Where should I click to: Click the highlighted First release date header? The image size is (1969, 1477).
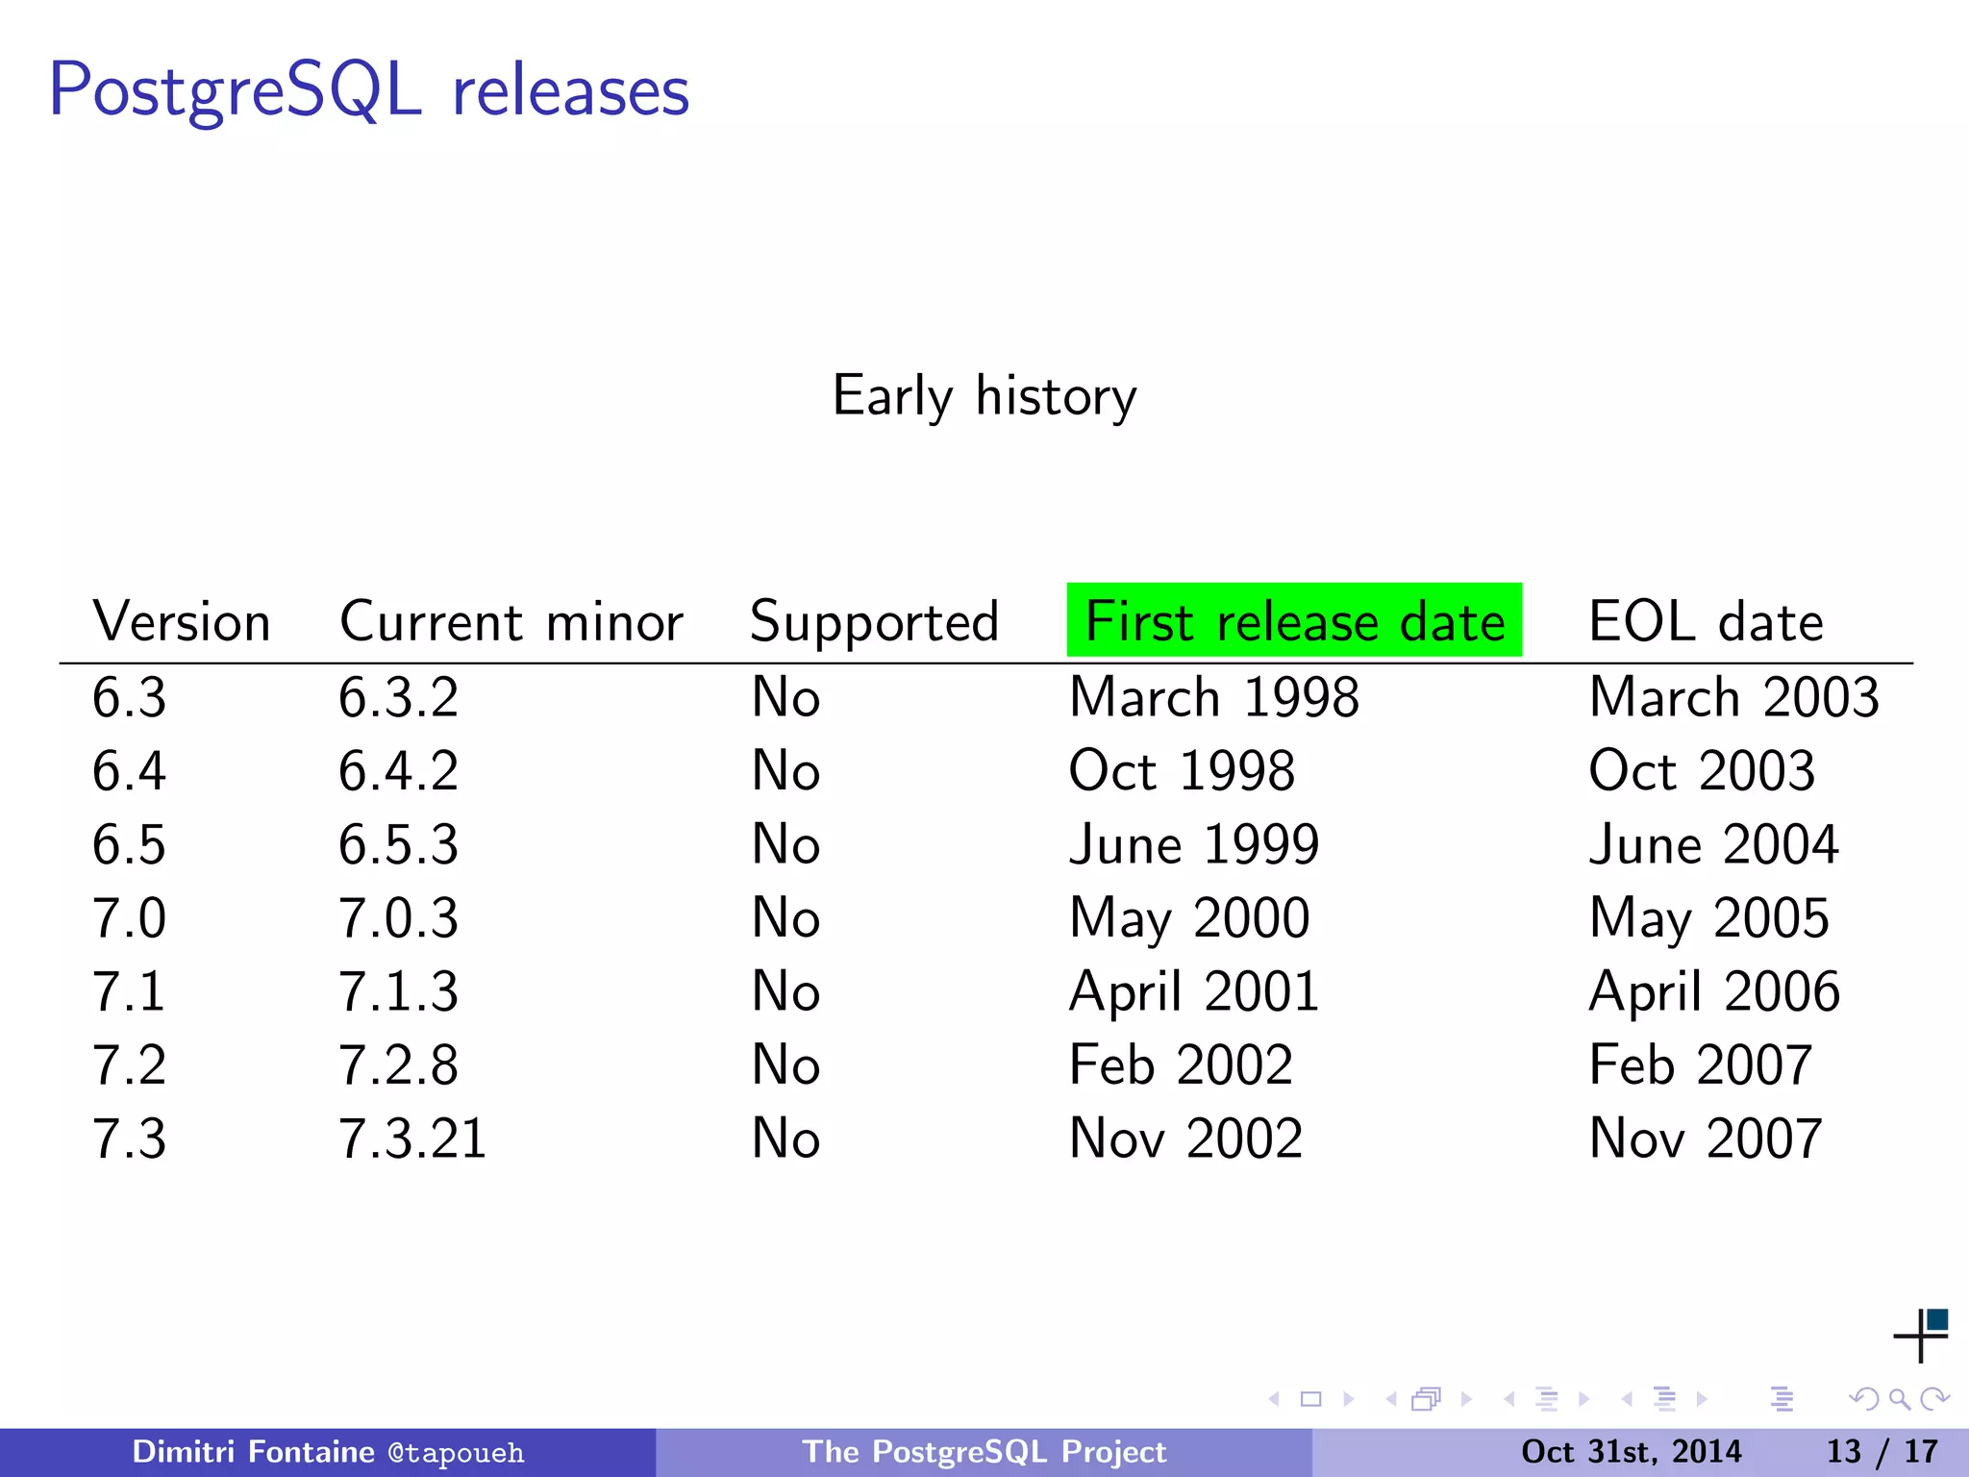1294,621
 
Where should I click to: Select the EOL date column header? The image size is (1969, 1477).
1706,621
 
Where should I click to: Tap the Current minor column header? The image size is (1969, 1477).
511,621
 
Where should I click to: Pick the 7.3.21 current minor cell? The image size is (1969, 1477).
412,1139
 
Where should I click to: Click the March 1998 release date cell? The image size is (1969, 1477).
1214,697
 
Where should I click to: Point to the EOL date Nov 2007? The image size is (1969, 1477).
1706,1139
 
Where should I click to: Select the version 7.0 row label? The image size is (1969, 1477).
129,917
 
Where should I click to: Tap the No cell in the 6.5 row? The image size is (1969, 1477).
785,844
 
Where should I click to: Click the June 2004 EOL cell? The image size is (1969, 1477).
1713,844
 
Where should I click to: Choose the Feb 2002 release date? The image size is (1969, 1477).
1181,1065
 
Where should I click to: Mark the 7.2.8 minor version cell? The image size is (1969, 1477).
398,1065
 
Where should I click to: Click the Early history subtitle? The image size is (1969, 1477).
984,396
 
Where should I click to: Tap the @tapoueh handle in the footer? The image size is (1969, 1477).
456,1452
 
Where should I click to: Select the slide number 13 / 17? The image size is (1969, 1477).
1882,1451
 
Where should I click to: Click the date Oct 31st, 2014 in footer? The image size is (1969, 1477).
1631,1451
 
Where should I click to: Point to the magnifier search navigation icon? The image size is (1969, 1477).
1899,1399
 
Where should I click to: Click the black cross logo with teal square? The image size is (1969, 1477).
1921,1335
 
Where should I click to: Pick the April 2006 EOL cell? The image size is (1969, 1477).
1714,991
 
